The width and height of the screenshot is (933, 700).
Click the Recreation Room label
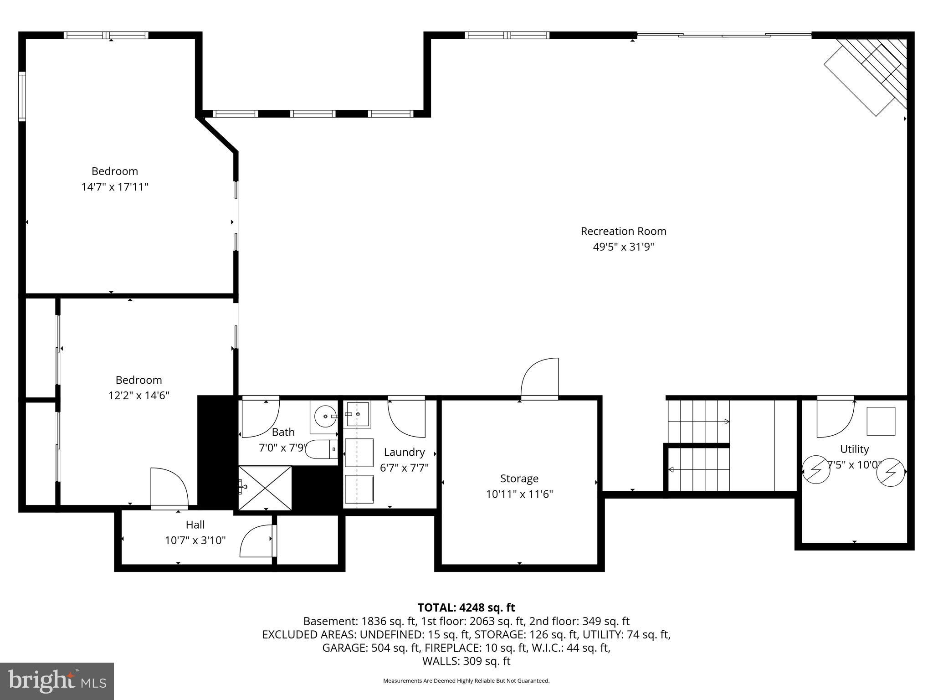[623, 231]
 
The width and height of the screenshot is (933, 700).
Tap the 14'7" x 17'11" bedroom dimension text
[115, 187]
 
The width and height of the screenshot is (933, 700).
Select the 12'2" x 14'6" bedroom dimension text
[138, 395]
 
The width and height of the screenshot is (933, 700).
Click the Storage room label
[519, 478]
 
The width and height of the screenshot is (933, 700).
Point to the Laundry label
[404, 452]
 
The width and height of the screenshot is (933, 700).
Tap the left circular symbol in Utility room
[815, 469]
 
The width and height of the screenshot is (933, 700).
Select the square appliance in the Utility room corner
[880, 421]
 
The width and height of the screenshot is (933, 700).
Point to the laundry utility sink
[358, 414]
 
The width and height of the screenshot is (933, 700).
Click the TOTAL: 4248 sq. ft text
[466, 607]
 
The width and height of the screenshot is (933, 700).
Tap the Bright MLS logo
[57, 681]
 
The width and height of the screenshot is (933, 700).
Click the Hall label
[195, 525]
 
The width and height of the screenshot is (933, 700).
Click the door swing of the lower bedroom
[169, 487]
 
